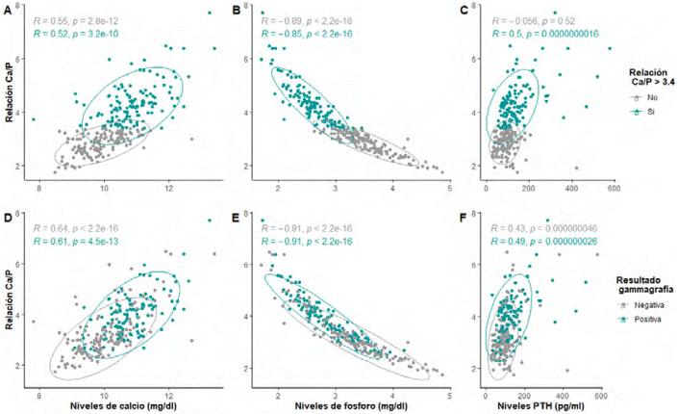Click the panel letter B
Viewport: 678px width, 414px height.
pyautogui.click(x=237, y=10)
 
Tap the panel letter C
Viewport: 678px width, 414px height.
pyautogui.click(x=464, y=10)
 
